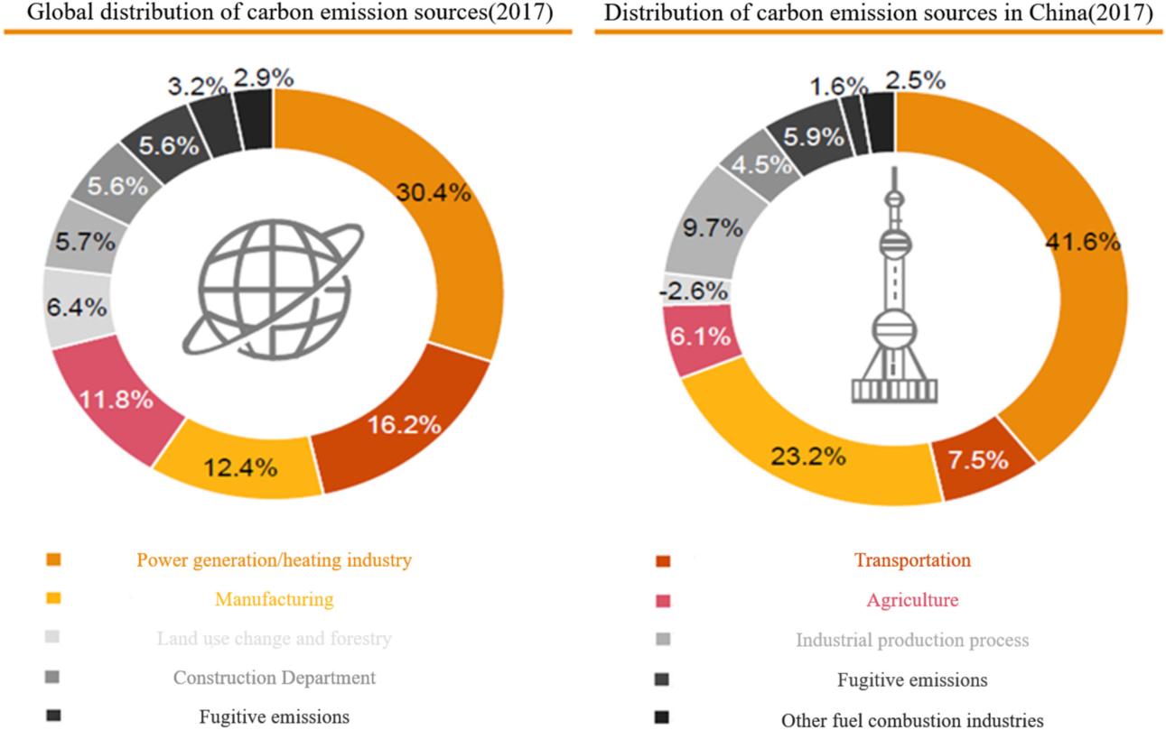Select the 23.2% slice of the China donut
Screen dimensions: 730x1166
[x=808, y=456]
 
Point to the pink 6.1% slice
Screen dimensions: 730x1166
[x=700, y=337]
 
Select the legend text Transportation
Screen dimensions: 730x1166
[x=912, y=560]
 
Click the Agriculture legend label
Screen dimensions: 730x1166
[x=912, y=600]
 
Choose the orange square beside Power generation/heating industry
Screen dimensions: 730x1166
[x=53, y=560]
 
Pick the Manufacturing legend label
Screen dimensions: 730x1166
[x=274, y=599]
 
